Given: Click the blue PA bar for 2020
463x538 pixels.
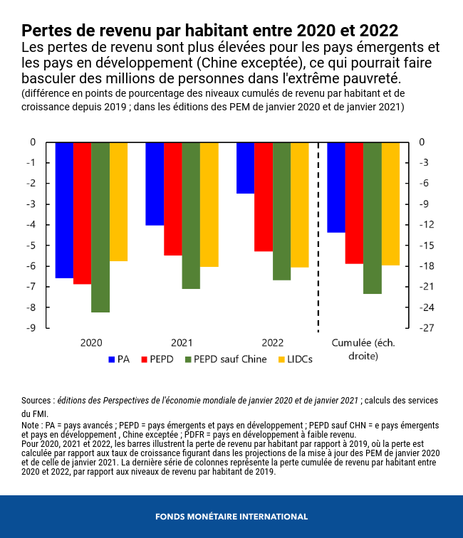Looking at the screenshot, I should [x=64, y=210].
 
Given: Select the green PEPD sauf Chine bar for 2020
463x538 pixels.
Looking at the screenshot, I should [x=100, y=227].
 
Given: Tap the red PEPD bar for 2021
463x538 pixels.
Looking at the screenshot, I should [x=173, y=199].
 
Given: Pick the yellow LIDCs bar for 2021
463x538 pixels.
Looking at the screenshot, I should [x=209, y=204].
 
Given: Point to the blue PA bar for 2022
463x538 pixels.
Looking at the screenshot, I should [x=245, y=168].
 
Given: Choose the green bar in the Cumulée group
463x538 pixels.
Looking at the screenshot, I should [x=373, y=218].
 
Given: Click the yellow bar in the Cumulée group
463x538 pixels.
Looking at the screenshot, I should [x=390, y=204].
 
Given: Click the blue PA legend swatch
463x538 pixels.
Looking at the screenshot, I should [x=111, y=359].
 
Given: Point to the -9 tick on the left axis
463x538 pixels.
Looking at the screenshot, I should [x=31, y=328].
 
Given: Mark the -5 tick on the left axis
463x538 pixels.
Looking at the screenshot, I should [x=31, y=246].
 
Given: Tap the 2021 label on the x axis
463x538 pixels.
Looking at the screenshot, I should [x=182, y=342].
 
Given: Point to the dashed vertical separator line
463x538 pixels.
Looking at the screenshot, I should [x=318, y=235].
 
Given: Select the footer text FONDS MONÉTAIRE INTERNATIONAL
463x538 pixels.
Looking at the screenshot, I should [x=231, y=517].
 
